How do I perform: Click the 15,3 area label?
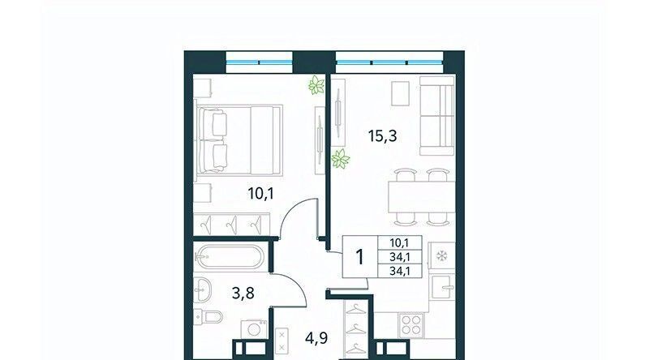382,135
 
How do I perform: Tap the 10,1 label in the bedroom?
260,193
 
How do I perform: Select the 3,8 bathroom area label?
243,294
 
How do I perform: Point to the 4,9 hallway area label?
316,338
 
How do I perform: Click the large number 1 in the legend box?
359,257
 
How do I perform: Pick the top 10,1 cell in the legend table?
399,243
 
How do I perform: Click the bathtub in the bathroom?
229,258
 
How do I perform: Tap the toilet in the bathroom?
208,317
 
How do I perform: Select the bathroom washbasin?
202,289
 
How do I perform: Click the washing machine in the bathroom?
254,330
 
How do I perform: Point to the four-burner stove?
411,325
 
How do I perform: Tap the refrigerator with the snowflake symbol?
441,256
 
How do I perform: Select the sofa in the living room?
437,115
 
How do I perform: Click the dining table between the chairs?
421,197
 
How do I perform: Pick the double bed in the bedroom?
239,139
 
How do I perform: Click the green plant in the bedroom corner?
316,85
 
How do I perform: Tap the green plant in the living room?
340,159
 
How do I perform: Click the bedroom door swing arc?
294,209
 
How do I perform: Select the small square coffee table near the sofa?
400,93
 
